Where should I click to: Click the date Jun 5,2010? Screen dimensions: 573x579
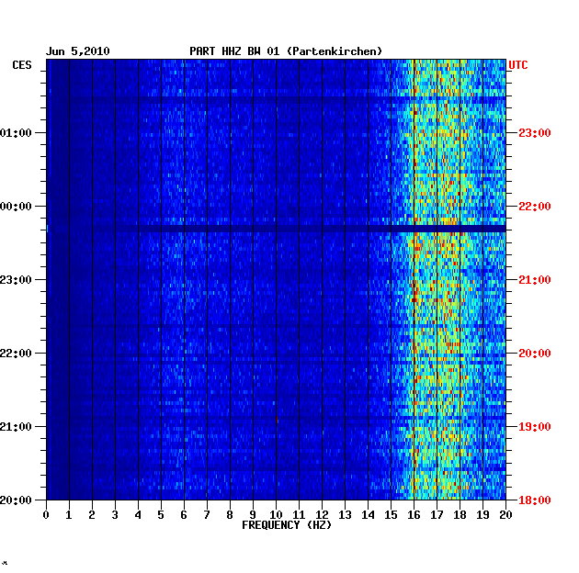tap(78, 51)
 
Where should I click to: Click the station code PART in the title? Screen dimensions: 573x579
tap(203, 51)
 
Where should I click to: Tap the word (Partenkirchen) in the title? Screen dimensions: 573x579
tap(335, 51)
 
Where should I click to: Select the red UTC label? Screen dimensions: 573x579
tap(518, 65)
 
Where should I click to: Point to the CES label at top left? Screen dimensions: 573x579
tap(22, 65)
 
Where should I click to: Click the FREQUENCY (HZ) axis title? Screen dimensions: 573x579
tap(286, 525)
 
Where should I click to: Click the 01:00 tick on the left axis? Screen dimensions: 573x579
tap(17, 133)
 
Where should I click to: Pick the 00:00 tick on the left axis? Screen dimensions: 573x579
tap(17, 207)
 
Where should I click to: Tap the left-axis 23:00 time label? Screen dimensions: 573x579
tap(17, 280)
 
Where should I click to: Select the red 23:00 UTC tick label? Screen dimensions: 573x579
tap(535, 133)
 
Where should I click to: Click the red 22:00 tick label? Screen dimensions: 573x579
tap(535, 207)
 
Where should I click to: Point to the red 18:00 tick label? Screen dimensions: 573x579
tap(535, 500)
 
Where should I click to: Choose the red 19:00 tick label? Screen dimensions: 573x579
tap(535, 427)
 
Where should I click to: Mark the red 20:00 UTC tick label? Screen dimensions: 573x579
tap(535, 354)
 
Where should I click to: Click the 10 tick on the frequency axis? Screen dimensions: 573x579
tap(276, 514)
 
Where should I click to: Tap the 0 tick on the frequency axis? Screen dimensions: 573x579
tap(46, 514)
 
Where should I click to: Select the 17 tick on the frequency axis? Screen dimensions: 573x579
tap(437, 514)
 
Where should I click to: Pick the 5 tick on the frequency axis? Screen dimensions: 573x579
tap(161, 514)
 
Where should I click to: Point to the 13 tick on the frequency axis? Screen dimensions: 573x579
tap(345, 514)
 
